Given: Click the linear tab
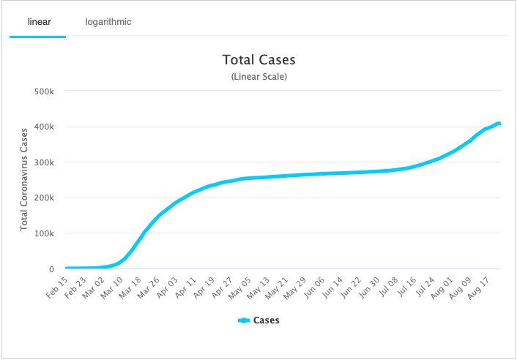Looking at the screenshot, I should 38,22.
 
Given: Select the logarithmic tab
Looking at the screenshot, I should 108,22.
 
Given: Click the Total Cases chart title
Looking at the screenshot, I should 258,60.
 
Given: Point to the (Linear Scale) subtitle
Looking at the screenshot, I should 258,76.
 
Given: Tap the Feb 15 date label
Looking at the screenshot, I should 58,288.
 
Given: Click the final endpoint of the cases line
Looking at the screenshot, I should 499,124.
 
